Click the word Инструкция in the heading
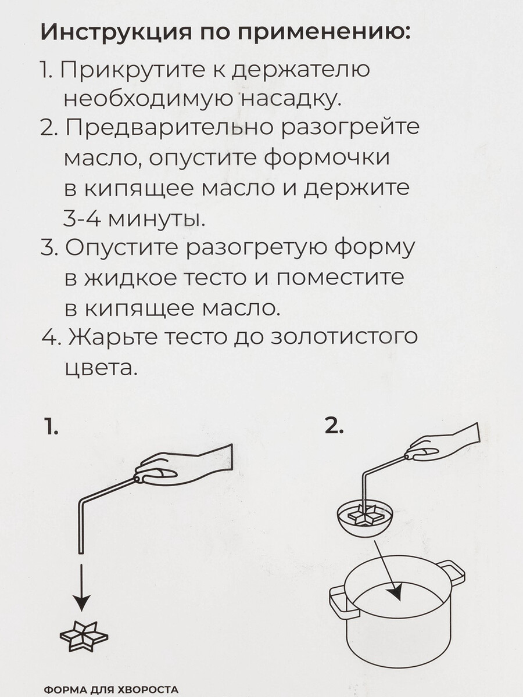click(x=116, y=33)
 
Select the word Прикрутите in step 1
click(x=132, y=70)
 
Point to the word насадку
click(x=291, y=100)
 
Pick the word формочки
click(x=327, y=159)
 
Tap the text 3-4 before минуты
click(x=83, y=218)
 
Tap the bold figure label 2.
click(x=334, y=426)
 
